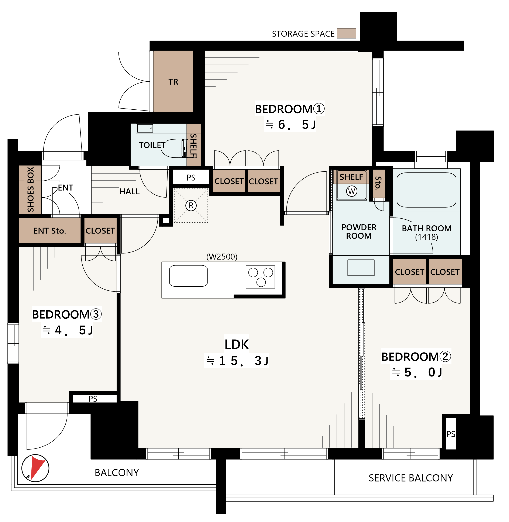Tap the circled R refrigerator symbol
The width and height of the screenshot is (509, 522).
(x=191, y=206)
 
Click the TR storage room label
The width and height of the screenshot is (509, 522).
(x=173, y=82)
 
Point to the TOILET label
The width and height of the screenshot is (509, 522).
(x=152, y=145)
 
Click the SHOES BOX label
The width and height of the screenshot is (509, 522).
(x=31, y=189)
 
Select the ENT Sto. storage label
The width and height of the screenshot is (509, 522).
(x=50, y=231)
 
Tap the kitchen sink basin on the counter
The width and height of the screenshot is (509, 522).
(x=189, y=276)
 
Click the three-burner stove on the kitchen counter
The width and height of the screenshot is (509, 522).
(x=260, y=277)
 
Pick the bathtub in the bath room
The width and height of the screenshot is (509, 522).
(x=426, y=190)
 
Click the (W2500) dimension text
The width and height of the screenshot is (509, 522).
(x=222, y=257)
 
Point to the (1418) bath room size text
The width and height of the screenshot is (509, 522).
(x=426, y=237)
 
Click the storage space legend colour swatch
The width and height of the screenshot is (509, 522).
(x=347, y=33)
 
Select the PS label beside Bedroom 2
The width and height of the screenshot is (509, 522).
(x=451, y=434)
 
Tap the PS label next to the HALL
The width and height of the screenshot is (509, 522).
(x=191, y=178)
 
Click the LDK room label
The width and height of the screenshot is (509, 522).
(x=237, y=344)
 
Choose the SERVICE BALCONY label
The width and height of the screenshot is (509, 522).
(x=411, y=478)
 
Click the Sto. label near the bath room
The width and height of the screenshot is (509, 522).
(x=378, y=183)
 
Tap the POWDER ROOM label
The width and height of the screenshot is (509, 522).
(x=359, y=232)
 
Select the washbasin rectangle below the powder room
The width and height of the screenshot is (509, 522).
(x=361, y=267)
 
